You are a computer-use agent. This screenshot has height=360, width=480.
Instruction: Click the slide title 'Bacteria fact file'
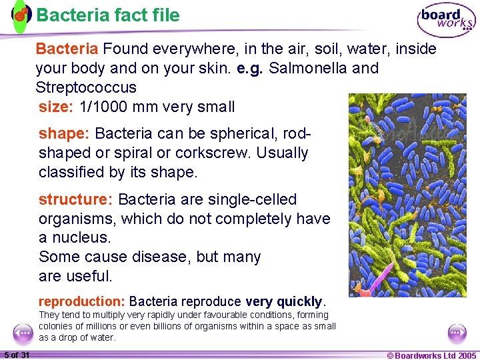click(x=108, y=15)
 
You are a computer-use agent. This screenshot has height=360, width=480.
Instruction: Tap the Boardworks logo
click(x=446, y=21)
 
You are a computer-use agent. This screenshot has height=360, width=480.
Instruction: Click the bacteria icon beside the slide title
click(x=21, y=14)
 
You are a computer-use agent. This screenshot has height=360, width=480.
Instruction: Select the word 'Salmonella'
click(x=308, y=68)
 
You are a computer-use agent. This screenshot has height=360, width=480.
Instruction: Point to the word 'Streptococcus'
click(x=86, y=87)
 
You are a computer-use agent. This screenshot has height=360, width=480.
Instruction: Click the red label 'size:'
click(x=56, y=107)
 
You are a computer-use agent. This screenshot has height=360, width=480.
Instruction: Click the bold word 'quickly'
click(x=299, y=301)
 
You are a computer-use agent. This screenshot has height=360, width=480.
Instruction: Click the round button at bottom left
click(x=23, y=332)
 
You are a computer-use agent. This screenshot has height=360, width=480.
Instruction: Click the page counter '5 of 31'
click(x=17, y=355)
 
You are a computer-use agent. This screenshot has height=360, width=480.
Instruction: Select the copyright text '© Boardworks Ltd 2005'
click(x=431, y=355)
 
